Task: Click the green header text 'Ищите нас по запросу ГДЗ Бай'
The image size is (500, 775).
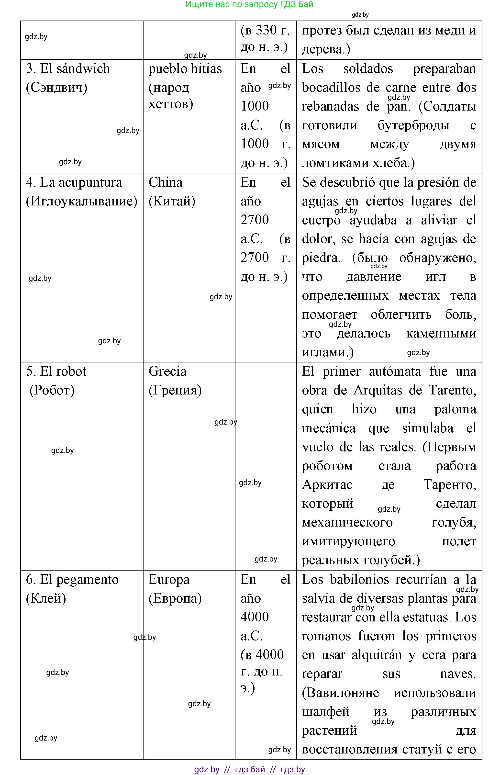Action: (249, 5)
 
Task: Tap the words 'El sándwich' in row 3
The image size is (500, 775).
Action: (75, 69)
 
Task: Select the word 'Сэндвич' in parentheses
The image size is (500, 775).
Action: (56, 88)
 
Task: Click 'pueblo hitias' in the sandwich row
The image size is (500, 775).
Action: (185, 69)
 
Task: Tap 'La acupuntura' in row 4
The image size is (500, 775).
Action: (81, 182)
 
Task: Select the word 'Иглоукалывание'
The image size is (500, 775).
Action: (81, 201)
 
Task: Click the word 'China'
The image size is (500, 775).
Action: (166, 182)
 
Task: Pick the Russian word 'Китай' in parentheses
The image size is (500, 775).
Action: (172, 201)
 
